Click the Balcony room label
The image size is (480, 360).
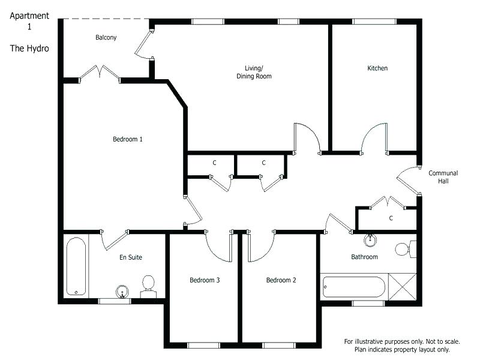tap(106, 37)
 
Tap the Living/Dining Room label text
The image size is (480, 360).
tap(254, 72)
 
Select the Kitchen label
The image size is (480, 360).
tap(377, 68)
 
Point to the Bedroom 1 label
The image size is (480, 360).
tap(128, 139)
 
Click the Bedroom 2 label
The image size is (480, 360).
tap(281, 280)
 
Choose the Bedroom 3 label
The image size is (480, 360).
tap(205, 280)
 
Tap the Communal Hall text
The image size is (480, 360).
tap(443, 177)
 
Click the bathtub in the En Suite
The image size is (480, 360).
tap(76, 266)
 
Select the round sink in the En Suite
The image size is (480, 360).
tap(123, 292)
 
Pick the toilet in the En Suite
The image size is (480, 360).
tap(148, 284)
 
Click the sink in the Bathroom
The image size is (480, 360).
tap(371, 241)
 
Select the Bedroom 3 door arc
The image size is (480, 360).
tap(218, 246)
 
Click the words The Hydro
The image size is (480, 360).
tap(29, 48)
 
